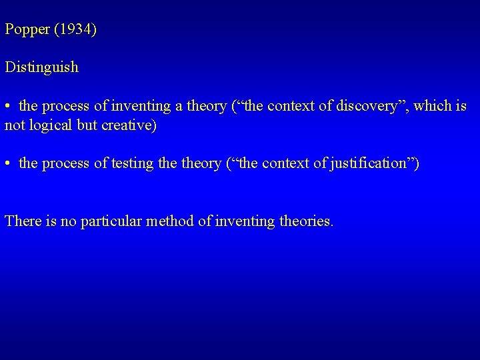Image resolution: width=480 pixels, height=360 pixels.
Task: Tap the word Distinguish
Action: (x=41, y=67)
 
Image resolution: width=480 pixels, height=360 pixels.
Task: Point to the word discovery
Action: (x=372, y=105)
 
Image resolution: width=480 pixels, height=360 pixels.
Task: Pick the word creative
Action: (x=130, y=125)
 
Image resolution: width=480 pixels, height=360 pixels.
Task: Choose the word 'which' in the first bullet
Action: (x=433, y=105)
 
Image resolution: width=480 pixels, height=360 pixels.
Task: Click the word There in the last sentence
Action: (x=23, y=221)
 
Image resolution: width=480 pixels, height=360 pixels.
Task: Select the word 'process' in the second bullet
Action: (x=66, y=163)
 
